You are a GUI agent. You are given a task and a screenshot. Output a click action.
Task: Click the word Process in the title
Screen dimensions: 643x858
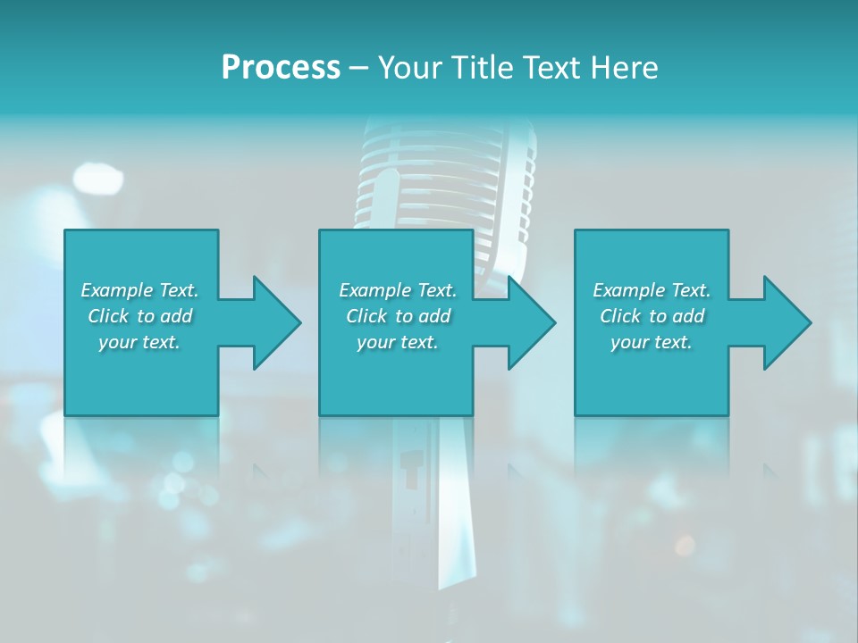click(x=281, y=68)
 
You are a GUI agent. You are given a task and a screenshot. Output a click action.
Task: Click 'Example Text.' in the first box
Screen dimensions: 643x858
click(x=139, y=290)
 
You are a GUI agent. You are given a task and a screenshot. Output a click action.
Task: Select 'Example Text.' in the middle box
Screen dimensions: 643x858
click(x=398, y=290)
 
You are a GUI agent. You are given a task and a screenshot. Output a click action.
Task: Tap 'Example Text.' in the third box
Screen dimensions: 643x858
click(x=652, y=290)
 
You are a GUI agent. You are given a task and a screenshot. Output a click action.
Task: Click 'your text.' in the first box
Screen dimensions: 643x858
click(x=139, y=342)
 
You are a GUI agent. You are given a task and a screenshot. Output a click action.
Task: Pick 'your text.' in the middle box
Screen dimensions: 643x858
click(x=398, y=342)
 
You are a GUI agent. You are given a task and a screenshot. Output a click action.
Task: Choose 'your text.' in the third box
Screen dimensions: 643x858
click(x=652, y=342)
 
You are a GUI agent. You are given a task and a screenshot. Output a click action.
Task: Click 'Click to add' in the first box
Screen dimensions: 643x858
click(x=139, y=316)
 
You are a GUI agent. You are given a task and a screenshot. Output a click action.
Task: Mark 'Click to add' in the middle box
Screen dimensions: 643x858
click(x=398, y=316)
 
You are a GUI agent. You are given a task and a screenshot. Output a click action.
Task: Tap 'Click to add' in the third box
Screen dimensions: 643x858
click(x=652, y=316)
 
